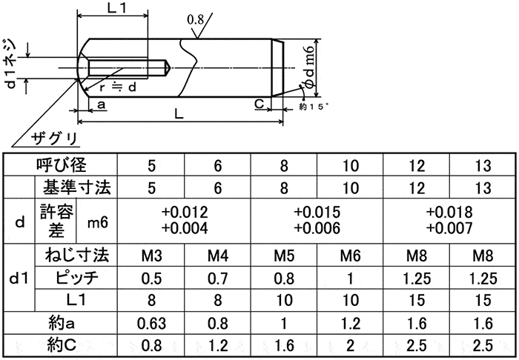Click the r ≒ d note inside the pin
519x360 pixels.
[116, 87]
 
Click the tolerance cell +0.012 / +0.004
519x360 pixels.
[184, 221]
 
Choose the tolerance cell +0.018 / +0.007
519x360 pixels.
[451, 221]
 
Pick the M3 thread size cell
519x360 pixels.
[153, 257]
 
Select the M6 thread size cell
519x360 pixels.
[351, 257]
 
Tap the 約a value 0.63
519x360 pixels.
[153, 323]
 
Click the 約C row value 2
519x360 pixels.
[351, 345]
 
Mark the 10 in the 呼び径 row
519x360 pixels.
[351, 165]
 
